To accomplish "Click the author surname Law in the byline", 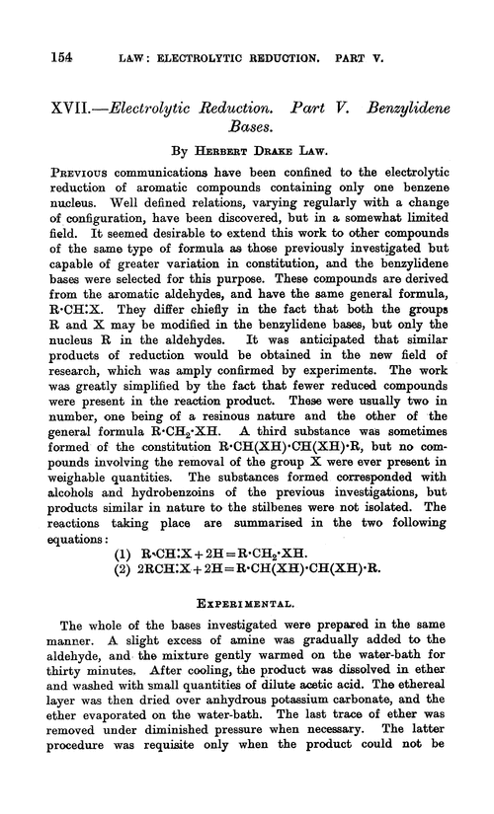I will [336, 156].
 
